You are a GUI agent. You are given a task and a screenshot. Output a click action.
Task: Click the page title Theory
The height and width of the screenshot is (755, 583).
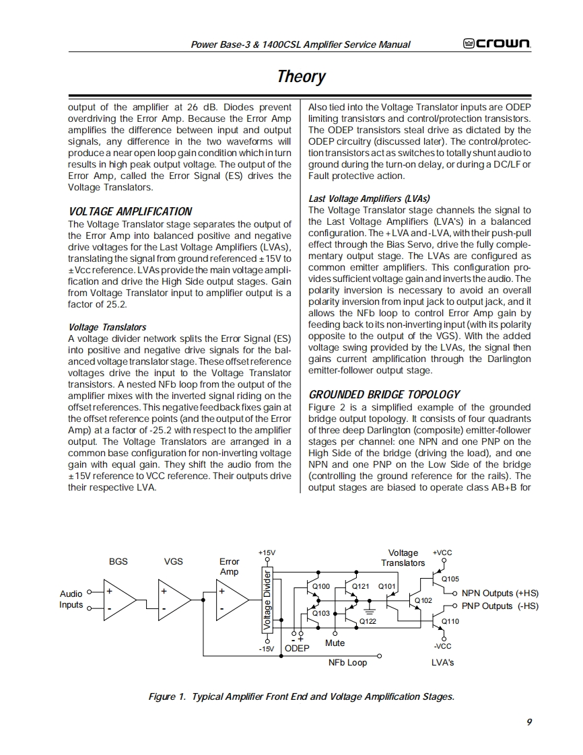point(301,76)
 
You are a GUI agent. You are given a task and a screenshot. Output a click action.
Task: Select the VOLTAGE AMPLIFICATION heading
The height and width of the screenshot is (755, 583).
point(130,211)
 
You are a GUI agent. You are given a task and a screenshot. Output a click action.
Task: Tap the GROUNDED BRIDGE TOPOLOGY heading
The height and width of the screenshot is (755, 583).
point(384,394)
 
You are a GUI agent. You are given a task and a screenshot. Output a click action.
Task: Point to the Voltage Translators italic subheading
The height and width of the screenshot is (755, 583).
point(107,327)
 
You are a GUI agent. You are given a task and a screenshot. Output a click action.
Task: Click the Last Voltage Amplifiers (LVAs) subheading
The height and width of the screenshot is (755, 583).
point(369,199)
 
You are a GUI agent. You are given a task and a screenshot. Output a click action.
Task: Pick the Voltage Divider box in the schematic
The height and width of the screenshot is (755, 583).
point(267,600)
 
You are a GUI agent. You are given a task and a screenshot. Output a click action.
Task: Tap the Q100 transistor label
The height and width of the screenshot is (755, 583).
point(322,587)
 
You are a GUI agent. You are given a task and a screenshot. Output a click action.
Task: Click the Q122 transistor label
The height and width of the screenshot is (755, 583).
point(368,621)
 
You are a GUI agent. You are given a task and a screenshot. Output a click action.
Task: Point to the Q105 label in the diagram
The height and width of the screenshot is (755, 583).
point(450,579)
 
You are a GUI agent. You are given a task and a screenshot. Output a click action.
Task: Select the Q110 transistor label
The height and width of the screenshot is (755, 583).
point(450,621)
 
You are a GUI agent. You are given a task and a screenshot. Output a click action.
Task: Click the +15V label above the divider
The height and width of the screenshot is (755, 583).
point(267,552)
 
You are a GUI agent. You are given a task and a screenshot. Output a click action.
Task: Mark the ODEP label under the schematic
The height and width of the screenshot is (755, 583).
point(297,648)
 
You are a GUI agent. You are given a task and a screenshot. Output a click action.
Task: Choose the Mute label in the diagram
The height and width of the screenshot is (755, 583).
point(335,643)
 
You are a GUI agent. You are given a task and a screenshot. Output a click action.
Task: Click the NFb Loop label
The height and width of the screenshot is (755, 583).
point(347,663)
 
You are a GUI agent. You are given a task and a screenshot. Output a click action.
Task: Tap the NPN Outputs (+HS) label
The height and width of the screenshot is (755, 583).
point(500,594)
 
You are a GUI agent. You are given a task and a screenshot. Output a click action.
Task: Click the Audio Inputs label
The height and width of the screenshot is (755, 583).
point(71,599)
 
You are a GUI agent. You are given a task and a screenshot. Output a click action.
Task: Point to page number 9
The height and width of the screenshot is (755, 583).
point(529,722)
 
